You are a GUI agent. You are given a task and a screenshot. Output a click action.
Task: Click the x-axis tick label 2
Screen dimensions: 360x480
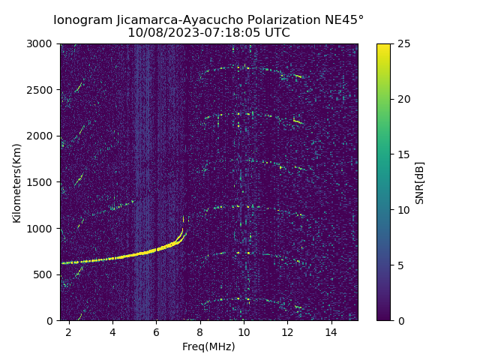[69, 331]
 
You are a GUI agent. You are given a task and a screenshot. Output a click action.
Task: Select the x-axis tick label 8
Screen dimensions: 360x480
[200, 331]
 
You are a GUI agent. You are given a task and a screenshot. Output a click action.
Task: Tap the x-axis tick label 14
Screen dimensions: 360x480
[331, 331]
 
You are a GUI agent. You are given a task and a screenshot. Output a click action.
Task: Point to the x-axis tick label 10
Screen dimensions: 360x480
[244, 331]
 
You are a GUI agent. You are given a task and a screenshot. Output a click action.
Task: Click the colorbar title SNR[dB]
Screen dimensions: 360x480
[420, 182]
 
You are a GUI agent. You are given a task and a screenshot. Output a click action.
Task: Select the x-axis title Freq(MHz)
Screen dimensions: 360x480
[208, 346]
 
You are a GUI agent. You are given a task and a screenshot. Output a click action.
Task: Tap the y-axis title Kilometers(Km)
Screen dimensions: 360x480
[17, 182]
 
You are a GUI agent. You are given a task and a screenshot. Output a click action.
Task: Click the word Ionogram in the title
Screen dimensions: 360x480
[80, 19]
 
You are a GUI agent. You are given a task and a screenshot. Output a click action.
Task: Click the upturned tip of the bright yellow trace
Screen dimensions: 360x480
[182, 229]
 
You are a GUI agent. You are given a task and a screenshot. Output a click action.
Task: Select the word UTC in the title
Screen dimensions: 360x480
[276, 33]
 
